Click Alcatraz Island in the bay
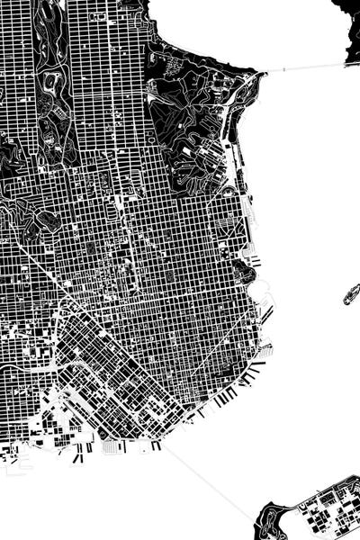click(351, 293)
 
